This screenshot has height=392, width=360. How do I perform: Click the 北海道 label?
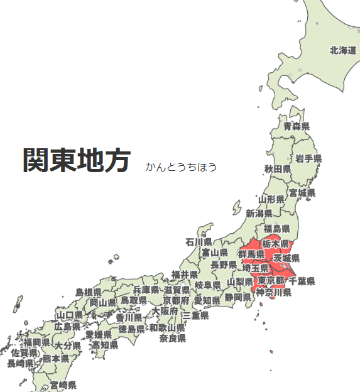point(343,50)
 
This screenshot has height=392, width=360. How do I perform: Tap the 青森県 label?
point(296,126)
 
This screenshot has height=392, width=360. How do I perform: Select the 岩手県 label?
point(308,158)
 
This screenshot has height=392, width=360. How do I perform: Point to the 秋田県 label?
point(277,169)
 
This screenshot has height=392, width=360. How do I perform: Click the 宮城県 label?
point(302,192)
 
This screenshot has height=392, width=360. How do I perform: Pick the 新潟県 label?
point(258,214)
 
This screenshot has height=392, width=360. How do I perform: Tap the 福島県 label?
point(276,229)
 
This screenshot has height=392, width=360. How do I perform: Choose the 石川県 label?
point(199,241)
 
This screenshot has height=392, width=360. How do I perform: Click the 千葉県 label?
point(302,281)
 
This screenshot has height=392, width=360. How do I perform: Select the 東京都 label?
point(271,280)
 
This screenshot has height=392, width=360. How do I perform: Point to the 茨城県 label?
point(286,258)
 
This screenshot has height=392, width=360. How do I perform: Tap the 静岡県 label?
point(238,297)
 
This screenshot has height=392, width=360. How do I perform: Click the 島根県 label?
point(88,292)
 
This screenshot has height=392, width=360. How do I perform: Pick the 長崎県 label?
point(20,363)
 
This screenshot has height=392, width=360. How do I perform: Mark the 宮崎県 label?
point(63,384)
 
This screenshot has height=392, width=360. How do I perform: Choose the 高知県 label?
point(104,345)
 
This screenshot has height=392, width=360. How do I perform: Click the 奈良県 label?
point(172,338)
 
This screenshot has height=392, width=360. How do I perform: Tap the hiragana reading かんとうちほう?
point(181,167)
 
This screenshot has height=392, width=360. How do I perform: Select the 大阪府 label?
point(165,311)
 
